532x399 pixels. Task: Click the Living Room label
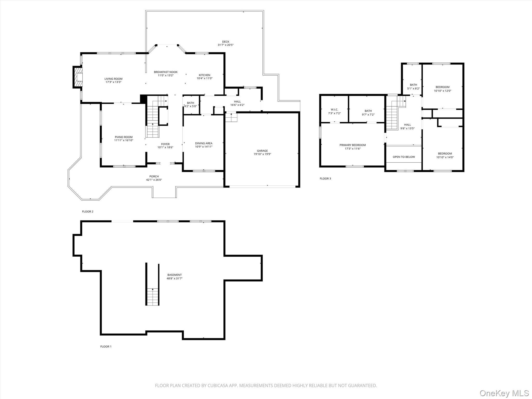click(x=113, y=79)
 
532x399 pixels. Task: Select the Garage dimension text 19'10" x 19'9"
click(x=262, y=154)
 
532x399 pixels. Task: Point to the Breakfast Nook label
click(x=166, y=72)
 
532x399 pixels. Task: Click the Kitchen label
click(x=204, y=75)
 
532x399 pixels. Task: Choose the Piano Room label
click(x=124, y=137)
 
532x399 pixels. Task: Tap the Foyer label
click(x=165, y=144)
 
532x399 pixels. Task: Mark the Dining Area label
click(x=204, y=143)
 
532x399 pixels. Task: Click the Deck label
click(x=225, y=42)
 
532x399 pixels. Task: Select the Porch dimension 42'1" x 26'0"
click(x=154, y=180)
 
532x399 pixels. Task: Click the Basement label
click(x=174, y=275)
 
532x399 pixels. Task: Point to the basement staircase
click(x=152, y=296)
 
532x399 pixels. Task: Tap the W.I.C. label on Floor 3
click(x=334, y=109)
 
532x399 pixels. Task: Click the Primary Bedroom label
click(x=353, y=145)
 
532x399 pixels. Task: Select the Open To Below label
click(x=404, y=157)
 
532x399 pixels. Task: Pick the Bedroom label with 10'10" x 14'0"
click(x=445, y=154)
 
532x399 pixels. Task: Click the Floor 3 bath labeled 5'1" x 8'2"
click(x=413, y=85)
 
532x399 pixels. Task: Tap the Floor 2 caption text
click(x=88, y=211)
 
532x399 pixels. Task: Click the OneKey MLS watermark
click(x=504, y=393)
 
